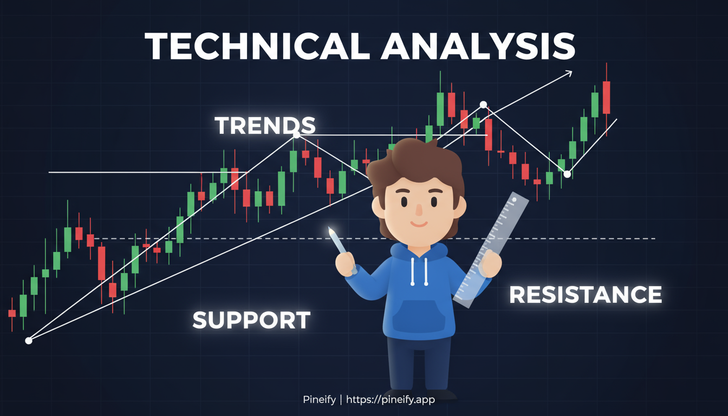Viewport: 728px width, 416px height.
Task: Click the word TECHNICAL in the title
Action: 259,46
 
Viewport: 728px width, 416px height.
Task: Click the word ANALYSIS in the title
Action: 478,46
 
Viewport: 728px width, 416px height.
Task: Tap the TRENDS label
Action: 265,126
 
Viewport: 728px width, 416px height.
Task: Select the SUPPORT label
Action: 251,320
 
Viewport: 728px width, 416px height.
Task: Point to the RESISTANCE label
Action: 586,295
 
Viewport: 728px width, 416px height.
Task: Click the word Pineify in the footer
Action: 319,400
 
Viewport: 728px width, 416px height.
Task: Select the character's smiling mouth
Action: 418,223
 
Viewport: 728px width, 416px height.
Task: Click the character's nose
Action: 418,210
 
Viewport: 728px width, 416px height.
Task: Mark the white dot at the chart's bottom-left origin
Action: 29,341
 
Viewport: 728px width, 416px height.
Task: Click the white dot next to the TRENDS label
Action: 296,135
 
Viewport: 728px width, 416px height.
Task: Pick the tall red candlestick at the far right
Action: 606,97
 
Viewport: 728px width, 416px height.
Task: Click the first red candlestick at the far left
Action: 12,313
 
